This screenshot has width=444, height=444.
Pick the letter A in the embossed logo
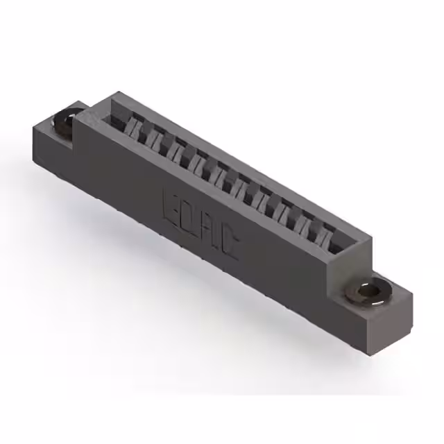tap(210, 230)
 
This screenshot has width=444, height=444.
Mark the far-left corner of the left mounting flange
tap(31, 127)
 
